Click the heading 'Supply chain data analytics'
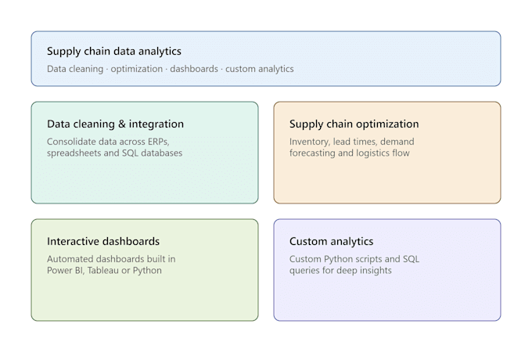pos(114,51)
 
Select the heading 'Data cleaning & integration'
pos(115,124)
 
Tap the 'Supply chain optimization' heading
pos(354,124)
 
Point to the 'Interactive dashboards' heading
pos(103,241)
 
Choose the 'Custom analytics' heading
pos(331,241)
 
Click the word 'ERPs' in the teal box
pos(158,142)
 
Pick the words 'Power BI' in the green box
pos(65,271)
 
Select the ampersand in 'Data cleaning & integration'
pos(122,124)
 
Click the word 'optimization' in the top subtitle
pos(137,69)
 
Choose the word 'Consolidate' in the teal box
pos(72,142)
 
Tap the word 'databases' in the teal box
pos(161,153)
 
